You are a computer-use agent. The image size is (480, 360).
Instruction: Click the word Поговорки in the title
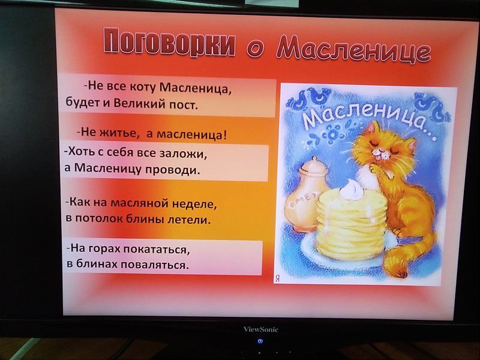pyautogui.click(x=170, y=43)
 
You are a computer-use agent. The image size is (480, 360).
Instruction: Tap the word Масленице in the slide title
pyautogui.click(x=353, y=49)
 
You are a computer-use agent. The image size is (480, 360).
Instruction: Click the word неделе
pyautogui.click(x=194, y=203)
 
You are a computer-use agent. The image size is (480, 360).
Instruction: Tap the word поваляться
pyautogui.click(x=154, y=265)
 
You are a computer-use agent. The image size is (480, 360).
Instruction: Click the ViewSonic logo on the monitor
pyautogui.click(x=261, y=329)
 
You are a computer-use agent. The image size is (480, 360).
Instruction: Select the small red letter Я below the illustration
pyautogui.click(x=277, y=278)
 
